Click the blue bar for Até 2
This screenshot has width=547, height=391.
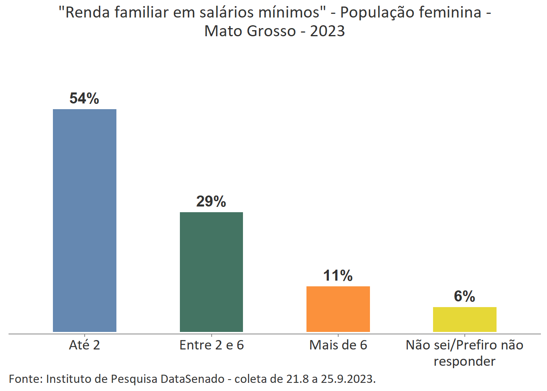85,220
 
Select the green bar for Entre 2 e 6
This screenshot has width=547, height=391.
211,272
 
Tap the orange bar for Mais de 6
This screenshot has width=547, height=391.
338,309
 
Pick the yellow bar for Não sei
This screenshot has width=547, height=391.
464,319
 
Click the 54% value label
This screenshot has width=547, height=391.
84,99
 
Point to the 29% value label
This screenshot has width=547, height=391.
211,202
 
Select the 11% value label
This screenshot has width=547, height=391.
338,276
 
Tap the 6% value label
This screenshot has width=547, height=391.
464,297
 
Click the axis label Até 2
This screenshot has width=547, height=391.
84,345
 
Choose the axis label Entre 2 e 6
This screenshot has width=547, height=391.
211,345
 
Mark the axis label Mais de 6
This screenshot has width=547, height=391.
338,345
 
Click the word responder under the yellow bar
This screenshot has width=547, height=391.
464,361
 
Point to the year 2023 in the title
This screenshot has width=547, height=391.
327,31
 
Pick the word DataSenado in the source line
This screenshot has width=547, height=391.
193,379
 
